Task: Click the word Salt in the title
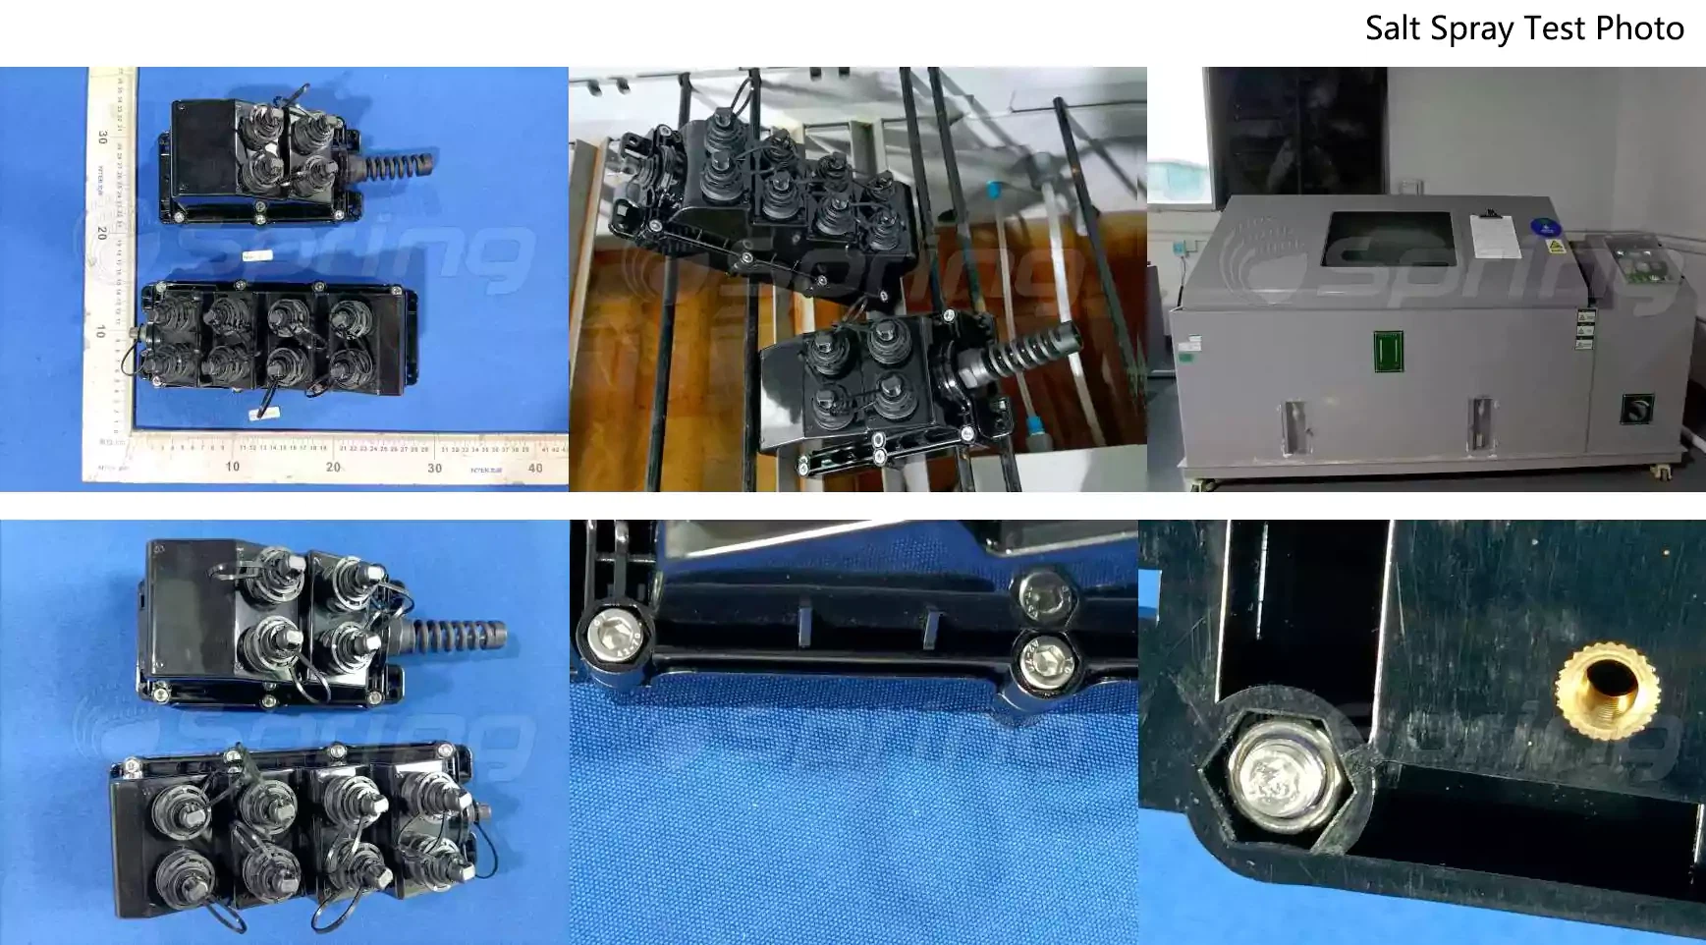click(1394, 28)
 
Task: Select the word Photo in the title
click(1639, 28)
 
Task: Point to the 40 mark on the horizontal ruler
click(535, 468)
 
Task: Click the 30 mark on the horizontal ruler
click(434, 468)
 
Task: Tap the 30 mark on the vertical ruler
click(101, 138)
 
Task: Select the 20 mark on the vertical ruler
click(101, 233)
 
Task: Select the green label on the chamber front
click(1388, 352)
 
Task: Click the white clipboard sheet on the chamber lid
click(1492, 237)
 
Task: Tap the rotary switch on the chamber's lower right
click(1637, 407)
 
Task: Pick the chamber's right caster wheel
click(1661, 473)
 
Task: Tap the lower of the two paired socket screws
click(1041, 658)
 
